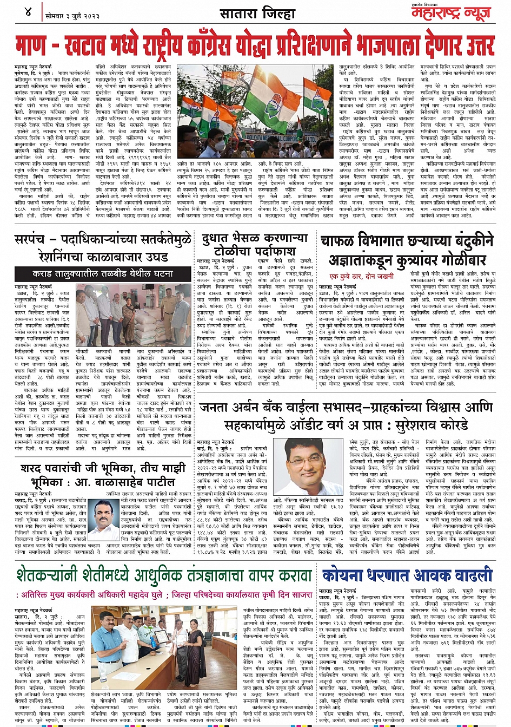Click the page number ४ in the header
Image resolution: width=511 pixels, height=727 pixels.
point(28,11)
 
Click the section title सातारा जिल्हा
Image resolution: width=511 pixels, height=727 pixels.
point(256,13)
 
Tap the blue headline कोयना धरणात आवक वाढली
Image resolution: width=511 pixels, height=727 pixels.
point(407,575)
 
